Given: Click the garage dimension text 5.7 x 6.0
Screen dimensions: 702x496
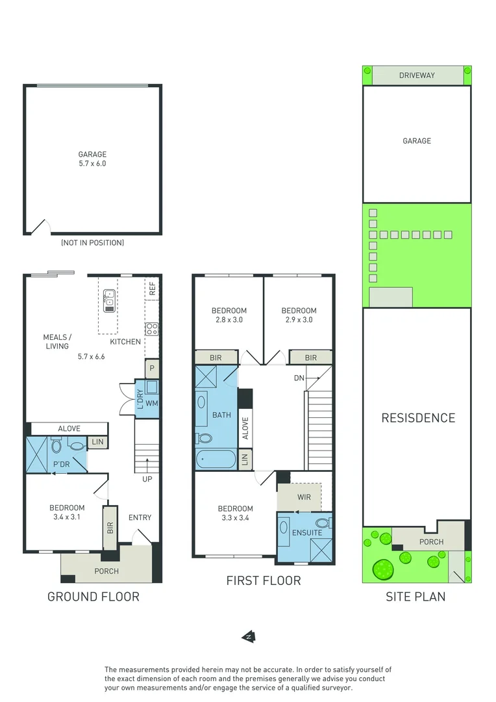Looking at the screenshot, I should tap(92, 164).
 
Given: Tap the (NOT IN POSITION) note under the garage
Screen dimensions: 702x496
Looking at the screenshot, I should tap(92, 242).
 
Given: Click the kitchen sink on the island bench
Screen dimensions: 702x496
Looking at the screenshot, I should tap(109, 298).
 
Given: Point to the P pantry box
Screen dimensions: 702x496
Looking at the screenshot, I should tap(152, 368).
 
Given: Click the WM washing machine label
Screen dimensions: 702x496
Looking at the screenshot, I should tap(152, 404).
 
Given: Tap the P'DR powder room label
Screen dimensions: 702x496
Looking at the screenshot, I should tap(62, 465).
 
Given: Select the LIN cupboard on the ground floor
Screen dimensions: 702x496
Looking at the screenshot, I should tap(97, 443).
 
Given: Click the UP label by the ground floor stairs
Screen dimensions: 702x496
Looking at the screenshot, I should tap(147, 478).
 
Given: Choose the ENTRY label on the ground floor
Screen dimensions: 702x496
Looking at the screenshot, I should tap(140, 517).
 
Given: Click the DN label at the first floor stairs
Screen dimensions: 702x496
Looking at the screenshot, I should tap(299, 378).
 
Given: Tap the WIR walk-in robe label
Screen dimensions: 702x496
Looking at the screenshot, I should tap(303, 497).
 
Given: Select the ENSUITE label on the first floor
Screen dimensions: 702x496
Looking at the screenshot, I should tap(307, 533).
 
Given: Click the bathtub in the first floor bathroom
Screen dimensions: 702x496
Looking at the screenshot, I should tap(216, 459).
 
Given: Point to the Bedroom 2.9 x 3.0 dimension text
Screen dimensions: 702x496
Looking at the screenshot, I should tap(299, 320).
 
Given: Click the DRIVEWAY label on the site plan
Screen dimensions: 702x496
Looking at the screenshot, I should tap(417, 75).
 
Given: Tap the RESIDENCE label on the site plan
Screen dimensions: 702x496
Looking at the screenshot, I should tap(417, 418).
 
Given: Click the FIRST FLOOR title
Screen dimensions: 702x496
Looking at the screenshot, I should tap(263, 580).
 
